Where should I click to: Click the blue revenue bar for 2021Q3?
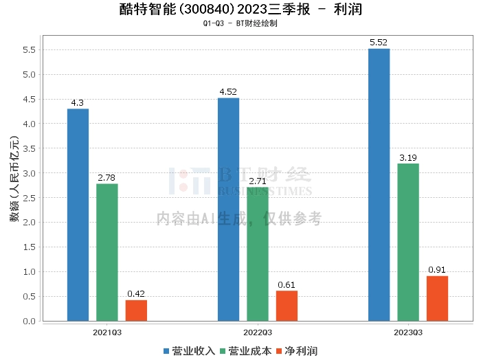pyautogui.click(x=78, y=214)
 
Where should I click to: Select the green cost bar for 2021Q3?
pyautogui.click(x=107, y=252)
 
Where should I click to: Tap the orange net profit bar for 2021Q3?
pyautogui.click(x=136, y=311)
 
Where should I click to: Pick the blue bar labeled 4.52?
pyautogui.click(x=228, y=209)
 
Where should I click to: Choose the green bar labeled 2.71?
pyautogui.click(x=258, y=254)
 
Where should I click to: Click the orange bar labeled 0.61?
pyautogui.click(x=287, y=306)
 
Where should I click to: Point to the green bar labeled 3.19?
pyautogui.click(x=408, y=242)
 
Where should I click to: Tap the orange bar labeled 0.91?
pyautogui.click(x=437, y=298)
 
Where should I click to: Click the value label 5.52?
pyautogui.click(x=379, y=43)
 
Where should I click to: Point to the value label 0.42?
pyautogui.click(x=136, y=294)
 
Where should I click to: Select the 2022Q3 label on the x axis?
pyautogui.click(x=258, y=332)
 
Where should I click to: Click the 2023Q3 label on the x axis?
pyautogui.click(x=408, y=332)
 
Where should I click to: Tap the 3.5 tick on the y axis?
pyautogui.click(x=29, y=148)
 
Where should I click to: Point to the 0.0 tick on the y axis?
pyautogui.click(x=29, y=321)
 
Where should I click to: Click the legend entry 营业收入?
pyautogui.click(x=189, y=351)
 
